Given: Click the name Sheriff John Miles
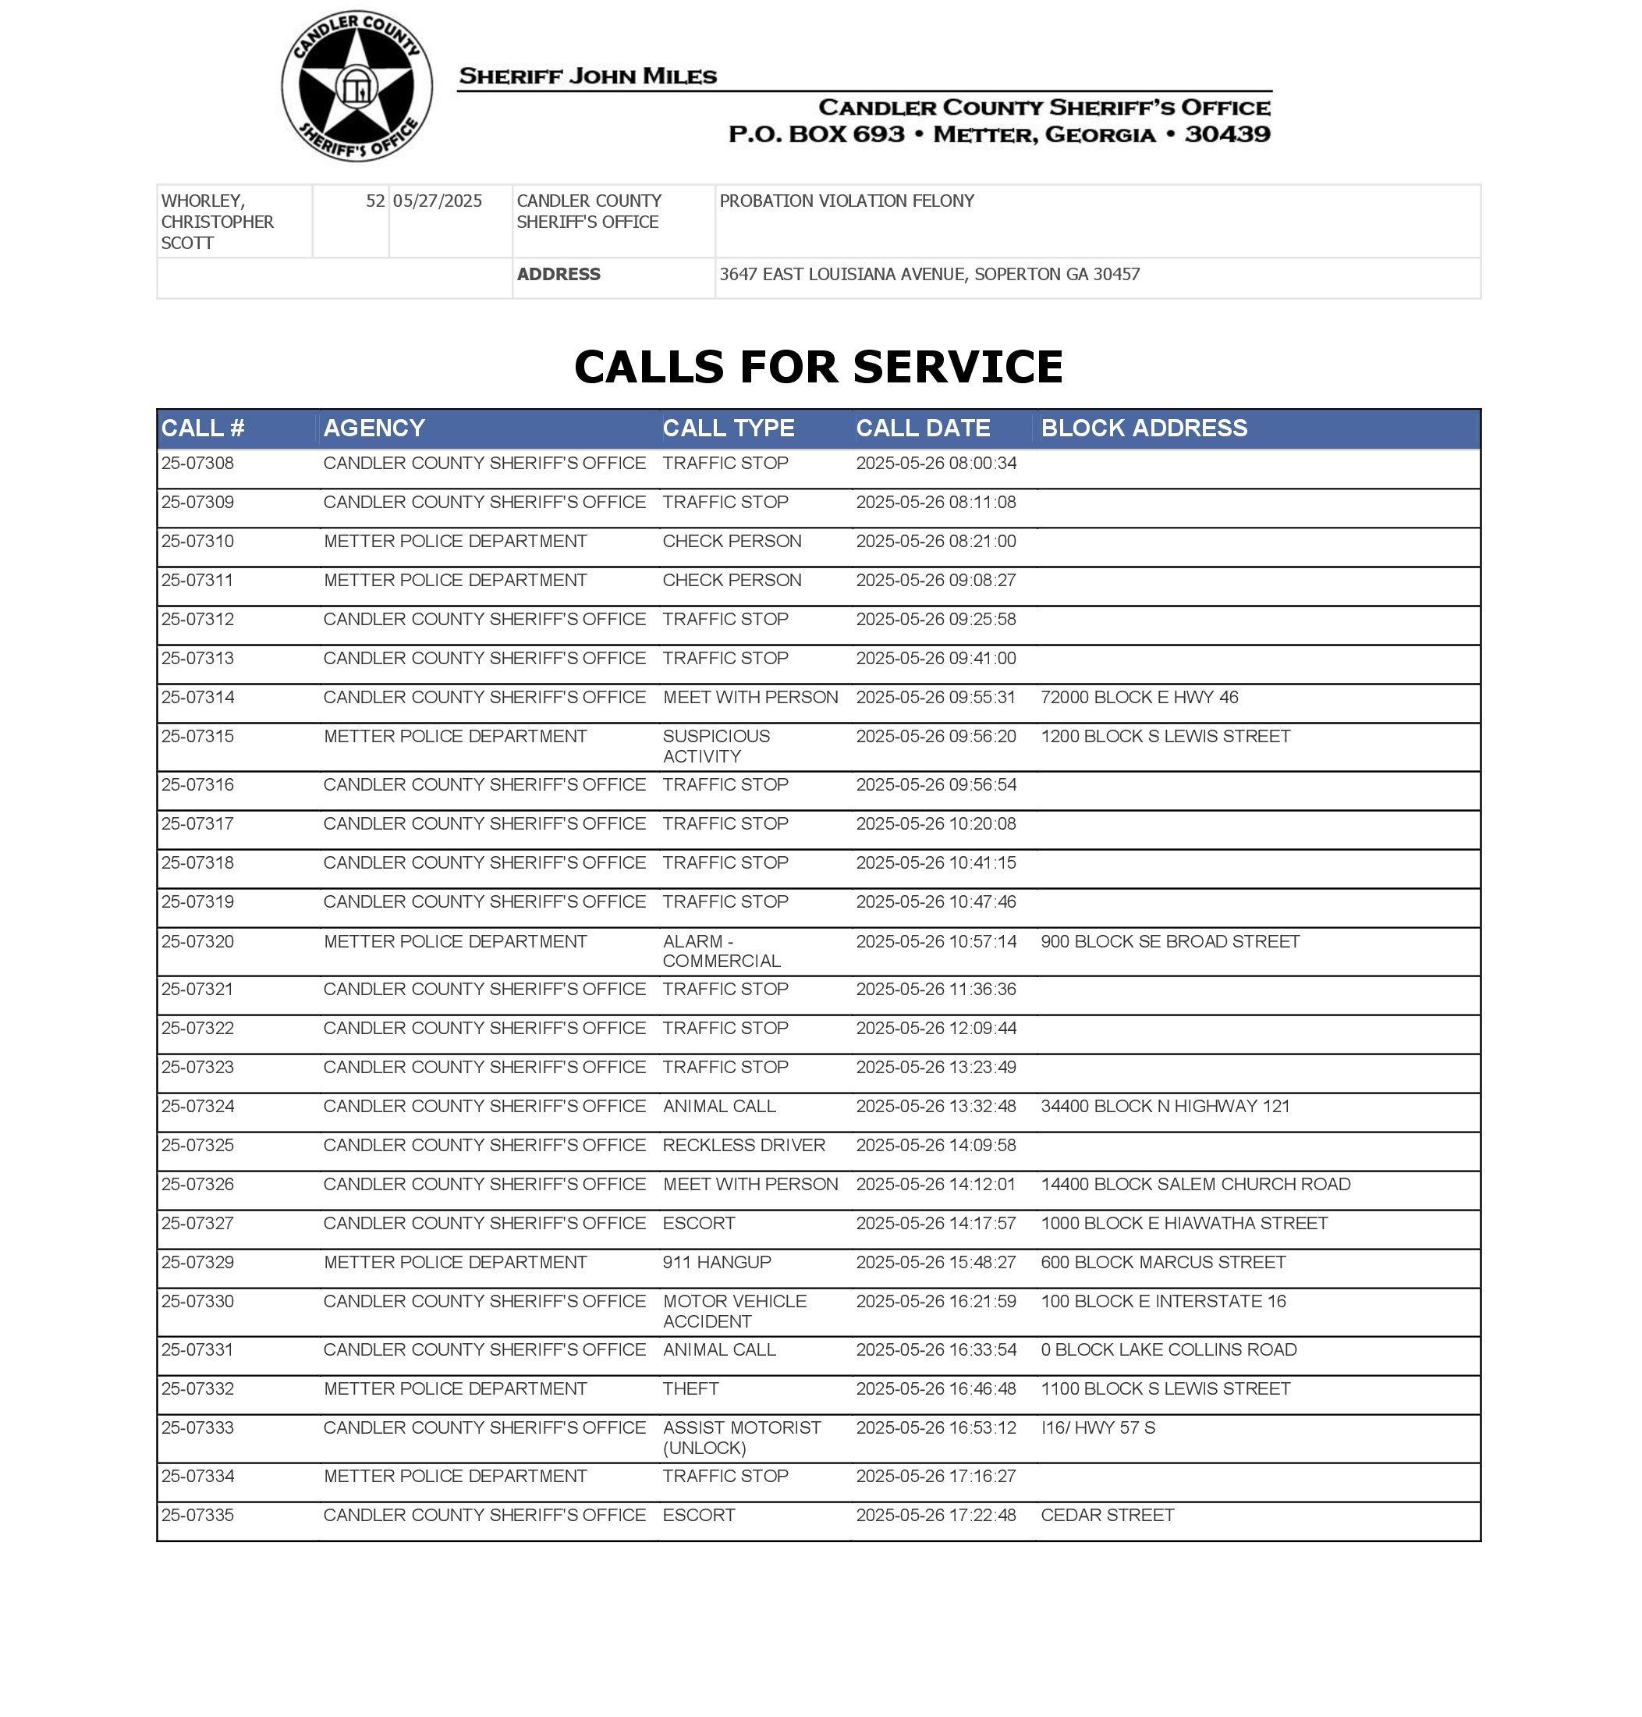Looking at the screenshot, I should point(587,76).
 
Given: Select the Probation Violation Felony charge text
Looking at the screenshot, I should point(846,201).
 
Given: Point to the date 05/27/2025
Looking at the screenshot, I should point(438,201).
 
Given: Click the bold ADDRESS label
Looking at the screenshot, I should point(559,274).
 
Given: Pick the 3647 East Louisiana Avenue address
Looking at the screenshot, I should point(930,274).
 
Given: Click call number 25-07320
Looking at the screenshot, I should point(198,941).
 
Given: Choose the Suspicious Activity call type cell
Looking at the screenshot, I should point(716,746).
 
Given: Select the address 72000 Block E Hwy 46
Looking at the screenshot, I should point(1140,697).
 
